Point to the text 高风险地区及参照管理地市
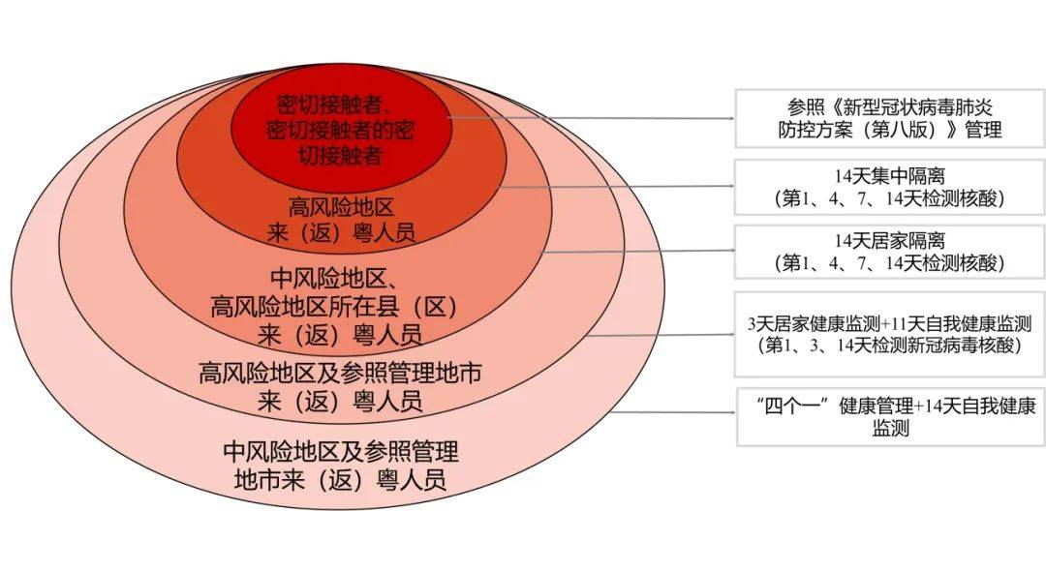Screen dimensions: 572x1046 pos(340,373)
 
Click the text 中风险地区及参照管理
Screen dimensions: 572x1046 pos(340,451)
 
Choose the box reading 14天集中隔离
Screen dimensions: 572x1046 pos(888,187)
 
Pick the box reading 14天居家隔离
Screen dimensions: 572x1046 pos(888,252)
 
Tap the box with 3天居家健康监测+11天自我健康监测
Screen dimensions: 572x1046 pos(888,334)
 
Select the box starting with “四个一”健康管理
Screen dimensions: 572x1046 pos(888,416)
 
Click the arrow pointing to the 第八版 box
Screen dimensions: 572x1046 pos(591,118)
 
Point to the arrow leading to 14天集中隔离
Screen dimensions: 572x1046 pos(620,186)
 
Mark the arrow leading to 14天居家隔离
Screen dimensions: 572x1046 pos(639,251)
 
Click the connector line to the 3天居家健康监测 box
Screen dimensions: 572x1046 pos(668,335)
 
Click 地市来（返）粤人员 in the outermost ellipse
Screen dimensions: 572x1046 pos(340,479)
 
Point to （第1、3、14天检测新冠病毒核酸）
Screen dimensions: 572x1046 pos(889,345)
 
